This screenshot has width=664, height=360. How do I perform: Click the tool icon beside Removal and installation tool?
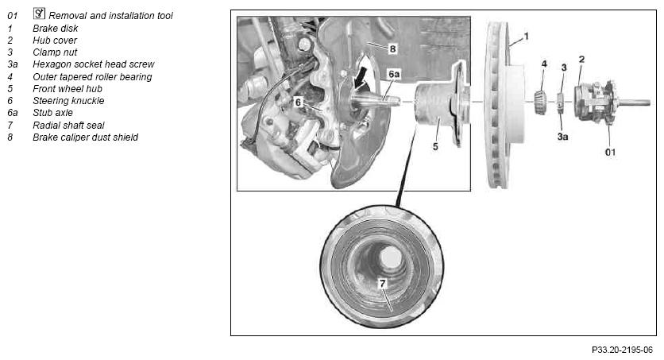tap(39, 14)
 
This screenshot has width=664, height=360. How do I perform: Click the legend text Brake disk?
tap(56, 29)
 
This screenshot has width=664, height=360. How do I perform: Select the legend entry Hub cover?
tap(55, 41)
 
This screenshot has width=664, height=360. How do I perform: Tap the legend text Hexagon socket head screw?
tap(94, 64)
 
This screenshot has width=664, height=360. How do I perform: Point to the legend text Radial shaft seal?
tap(68, 126)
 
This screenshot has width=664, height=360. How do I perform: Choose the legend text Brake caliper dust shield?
tap(86, 137)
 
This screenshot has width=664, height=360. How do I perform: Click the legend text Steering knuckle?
tap(68, 101)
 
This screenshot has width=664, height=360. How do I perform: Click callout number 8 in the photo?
tap(392, 48)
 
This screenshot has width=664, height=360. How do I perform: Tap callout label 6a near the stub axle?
tap(394, 75)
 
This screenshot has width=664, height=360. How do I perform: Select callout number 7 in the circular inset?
tap(382, 284)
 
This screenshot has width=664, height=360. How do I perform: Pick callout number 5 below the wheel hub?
tap(435, 146)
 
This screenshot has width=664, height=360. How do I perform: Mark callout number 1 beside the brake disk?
tap(527, 37)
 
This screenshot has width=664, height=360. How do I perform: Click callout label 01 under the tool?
tap(610, 152)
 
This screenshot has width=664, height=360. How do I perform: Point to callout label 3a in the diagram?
tap(562, 137)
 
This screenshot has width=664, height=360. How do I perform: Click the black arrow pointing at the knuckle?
tap(361, 78)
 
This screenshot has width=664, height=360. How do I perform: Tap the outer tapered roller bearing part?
tap(540, 102)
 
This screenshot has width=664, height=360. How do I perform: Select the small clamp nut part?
tap(560, 103)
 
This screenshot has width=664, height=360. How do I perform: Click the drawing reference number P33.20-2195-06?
tap(622, 350)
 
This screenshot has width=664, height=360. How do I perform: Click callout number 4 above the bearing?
tap(544, 64)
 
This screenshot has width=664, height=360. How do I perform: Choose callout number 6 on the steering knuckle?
tap(299, 102)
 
